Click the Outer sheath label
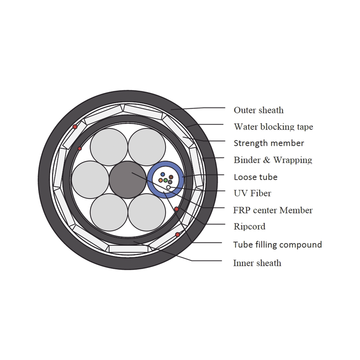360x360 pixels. [x=258, y=110]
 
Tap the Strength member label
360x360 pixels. [x=269, y=143]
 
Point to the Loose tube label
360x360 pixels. [x=256, y=177]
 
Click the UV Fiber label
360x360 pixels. [x=252, y=193]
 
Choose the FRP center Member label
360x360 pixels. [x=273, y=210]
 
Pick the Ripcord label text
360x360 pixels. [x=250, y=226]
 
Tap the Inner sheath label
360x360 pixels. [x=257, y=263]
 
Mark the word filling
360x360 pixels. [x=265, y=245]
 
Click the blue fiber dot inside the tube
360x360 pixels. [x=163, y=175]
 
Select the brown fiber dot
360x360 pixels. [x=171, y=177]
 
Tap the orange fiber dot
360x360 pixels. [x=161, y=180]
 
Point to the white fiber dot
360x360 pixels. [x=168, y=187]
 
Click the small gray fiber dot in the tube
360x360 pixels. [x=170, y=182]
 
